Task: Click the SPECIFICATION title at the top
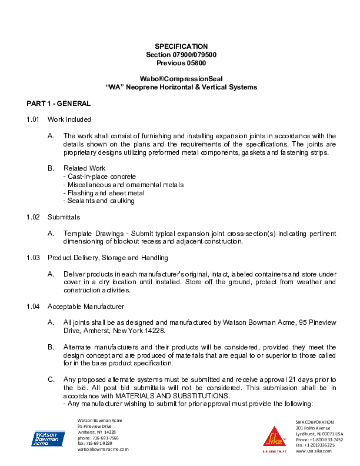point(181,46)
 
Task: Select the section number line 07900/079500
point(181,54)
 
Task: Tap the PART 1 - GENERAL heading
point(59,104)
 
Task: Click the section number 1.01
point(33,119)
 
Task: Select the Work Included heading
point(69,119)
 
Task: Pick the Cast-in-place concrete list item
point(99,177)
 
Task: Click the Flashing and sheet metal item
point(104,193)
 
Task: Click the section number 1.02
point(33,217)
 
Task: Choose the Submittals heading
point(64,217)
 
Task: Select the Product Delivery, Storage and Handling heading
point(109,258)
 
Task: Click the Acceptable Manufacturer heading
point(86,307)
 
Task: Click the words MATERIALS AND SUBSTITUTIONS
point(168,396)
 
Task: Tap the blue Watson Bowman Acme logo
point(48,438)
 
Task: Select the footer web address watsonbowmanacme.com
point(103,449)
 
